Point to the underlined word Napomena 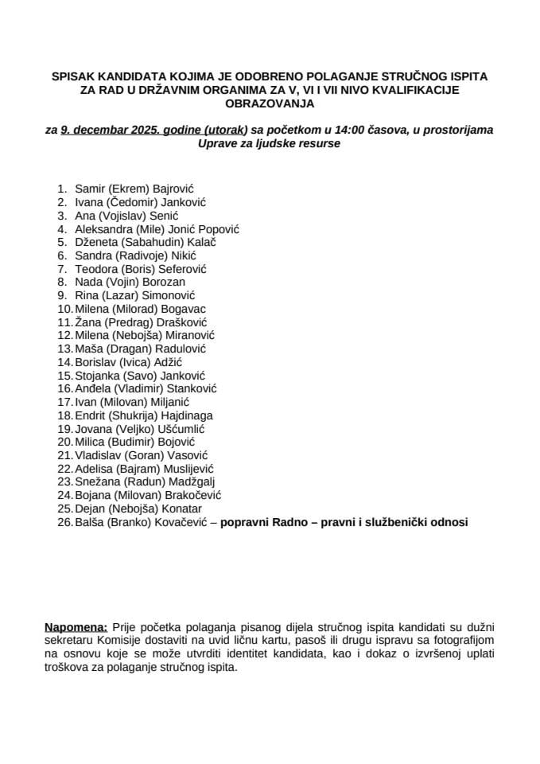tap(77, 628)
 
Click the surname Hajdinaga tap(183, 415)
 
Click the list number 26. tap(64, 522)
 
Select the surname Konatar tap(180, 509)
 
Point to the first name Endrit tap(91, 415)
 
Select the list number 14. tap(64, 362)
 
